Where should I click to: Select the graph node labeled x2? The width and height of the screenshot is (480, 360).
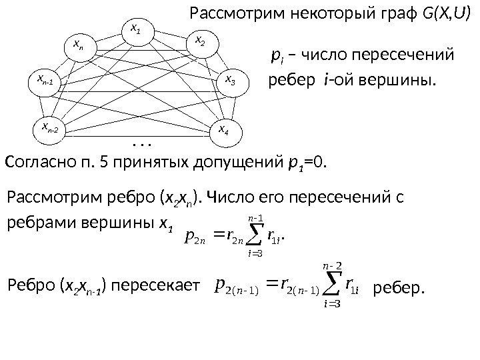pyautogui.click(x=201, y=43)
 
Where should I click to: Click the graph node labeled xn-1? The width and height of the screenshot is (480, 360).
pyautogui.click(x=48, y=82)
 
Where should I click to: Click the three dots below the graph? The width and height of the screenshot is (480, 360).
pyautogui.click(x=142, y=143)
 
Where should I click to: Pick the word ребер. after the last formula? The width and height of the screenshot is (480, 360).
pyautogui.click(x=399, y=288)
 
